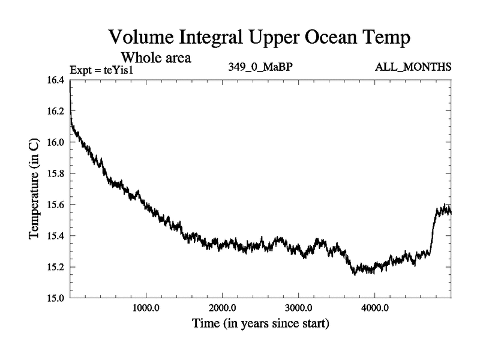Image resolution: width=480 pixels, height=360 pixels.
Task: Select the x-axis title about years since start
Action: [x=260, y=325]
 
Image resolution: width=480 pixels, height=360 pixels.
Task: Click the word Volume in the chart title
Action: [x=140, y=38]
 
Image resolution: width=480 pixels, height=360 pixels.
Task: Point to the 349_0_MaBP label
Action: [x=260, y=67]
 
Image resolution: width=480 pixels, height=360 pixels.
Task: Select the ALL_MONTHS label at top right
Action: [x=413, y=67]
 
